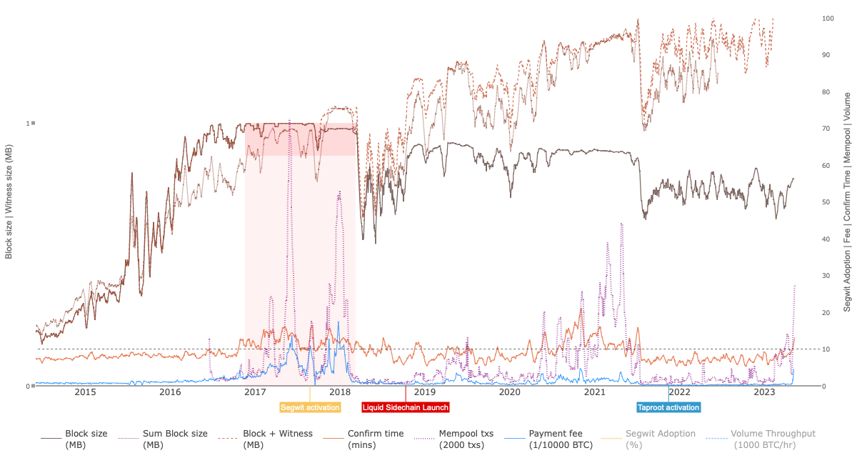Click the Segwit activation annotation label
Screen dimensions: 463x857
pyautogui.click(x=310, y=407)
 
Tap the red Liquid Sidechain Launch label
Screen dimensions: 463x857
pyautogui.click(x=406, y=407)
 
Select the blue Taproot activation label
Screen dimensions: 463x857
pyautogui.click(x=668, y=407)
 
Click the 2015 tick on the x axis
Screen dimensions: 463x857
pyautogui.click(x=85, y=392)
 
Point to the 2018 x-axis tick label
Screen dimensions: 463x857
pyautogui.click(x=340, y=392)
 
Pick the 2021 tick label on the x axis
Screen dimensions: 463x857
pyautogui.click(x=595, y=392)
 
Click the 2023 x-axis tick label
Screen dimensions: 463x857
pyautogui.click(x=764, y=392)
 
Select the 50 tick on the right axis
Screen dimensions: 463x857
pyautogui.click(x=826, y=202)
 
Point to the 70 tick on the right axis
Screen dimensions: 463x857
pyautogui.click(x=826, y=129)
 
